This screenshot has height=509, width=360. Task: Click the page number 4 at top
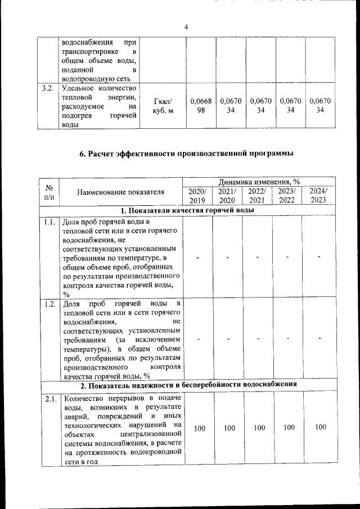[x=186, y=27]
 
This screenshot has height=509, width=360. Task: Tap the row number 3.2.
[x=48, y=88]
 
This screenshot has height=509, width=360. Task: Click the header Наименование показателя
[x=121, y=191]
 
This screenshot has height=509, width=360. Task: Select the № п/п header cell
[x=48, y=191]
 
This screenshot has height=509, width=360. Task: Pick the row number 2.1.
[x=48, y=399]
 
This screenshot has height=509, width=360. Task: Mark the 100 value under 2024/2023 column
[x=320, y=427]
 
